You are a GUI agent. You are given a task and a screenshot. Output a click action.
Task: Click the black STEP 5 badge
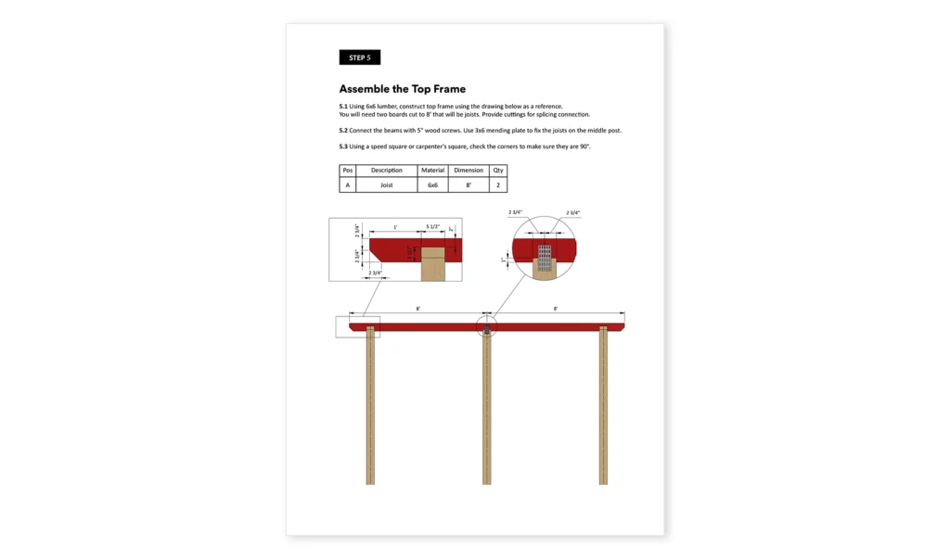tap(359, 57)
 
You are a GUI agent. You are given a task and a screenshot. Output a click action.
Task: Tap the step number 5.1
tap(343, 107)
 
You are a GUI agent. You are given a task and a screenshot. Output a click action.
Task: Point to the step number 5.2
tap(343, 131)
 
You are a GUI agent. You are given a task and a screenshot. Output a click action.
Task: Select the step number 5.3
tap(343, 146)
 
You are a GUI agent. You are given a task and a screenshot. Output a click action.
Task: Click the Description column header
tap(387, 171)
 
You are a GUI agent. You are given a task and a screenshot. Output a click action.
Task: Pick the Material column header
tap(432, 171)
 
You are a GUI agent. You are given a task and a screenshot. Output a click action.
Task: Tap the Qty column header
tap(498, 171)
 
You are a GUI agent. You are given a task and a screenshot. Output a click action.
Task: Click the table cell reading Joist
tap(387, 185)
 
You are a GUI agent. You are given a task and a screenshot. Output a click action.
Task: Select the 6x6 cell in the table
tap(432, 185)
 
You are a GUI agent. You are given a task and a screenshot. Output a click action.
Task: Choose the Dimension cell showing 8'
tap(469, 185)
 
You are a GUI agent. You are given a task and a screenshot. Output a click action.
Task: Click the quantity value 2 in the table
tap(498, 185)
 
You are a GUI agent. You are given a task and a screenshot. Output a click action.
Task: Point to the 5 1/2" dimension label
tap(433, 227)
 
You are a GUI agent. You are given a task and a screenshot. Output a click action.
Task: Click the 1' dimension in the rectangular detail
tap(394, 227)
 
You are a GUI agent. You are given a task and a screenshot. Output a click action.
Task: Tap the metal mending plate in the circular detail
tap(546, 254)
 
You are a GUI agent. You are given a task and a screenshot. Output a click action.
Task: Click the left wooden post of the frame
tap(370, 408)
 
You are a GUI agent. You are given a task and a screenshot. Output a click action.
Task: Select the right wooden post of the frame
tap(603, 408)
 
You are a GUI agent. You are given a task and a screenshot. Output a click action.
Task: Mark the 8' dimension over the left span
tap(418, 309)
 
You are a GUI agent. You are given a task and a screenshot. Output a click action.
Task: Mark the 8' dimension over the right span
tap(556, 309)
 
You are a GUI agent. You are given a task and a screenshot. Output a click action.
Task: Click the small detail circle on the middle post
tap(487, 325)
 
